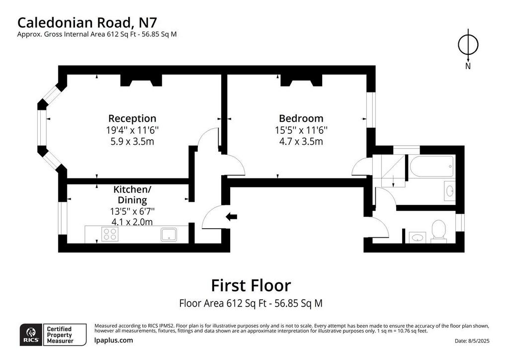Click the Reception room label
pos(132,118)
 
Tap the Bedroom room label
pos(301,118)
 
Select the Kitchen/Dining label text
pos(132,194)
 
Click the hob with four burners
pos(110,234)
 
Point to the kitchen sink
pos(169,234)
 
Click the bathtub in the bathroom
pos(432,167)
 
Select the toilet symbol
pos(438,231)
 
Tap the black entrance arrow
pos(232,216)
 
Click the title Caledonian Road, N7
pos(87,23)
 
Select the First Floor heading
pos(251,285)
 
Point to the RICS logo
pos(31,335)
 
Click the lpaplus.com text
pos(114,341)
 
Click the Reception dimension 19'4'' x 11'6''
pos(132,130)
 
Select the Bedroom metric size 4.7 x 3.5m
pos(301,142)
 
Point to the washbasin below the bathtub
pos(449,191)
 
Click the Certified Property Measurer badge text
pos(60,335)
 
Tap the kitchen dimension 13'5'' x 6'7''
pos(132,211)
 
